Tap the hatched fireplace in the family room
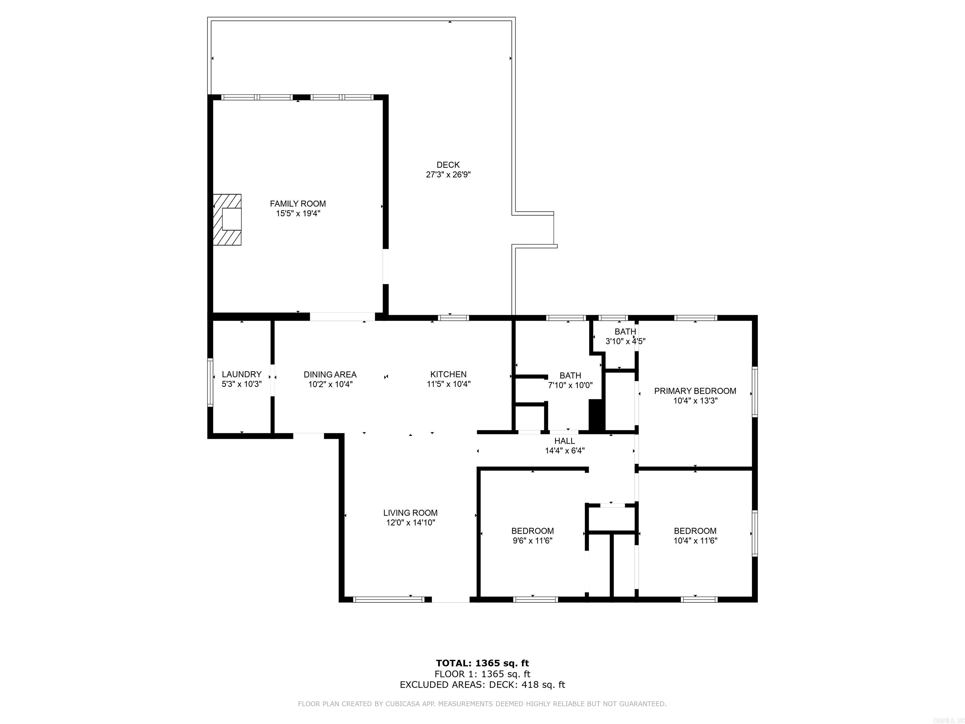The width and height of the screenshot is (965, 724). (227, 220)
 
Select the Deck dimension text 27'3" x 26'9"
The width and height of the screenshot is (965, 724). (448, 175)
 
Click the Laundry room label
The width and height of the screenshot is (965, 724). (241, 375)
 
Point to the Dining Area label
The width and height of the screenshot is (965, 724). (330, 375)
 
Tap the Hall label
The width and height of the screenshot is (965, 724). (564, 441)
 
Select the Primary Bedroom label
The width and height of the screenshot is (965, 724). (695, 391)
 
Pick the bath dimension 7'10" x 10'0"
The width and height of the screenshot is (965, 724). (570, 385)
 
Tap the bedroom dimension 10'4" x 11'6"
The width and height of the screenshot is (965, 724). (695, 541)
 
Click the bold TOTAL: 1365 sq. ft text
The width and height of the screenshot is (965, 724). (482, 663)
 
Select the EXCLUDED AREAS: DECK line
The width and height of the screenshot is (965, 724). (482, 685)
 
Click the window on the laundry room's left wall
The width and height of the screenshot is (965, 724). (210, 382)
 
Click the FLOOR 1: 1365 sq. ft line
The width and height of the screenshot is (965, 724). (482, 674)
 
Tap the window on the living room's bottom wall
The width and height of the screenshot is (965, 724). (388, 600)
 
